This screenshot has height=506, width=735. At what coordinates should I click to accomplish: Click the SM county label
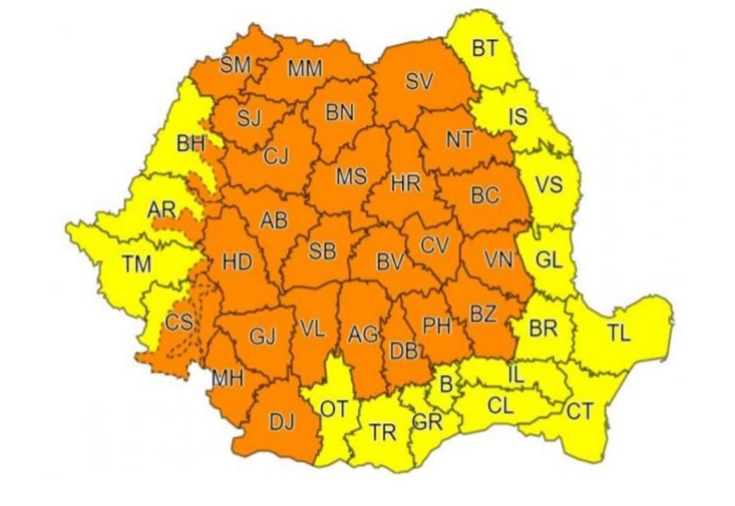(x=236, y=65)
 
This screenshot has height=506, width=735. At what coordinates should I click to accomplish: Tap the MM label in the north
(x=304, y=69)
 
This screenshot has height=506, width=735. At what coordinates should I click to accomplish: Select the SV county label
(x=418, y=82)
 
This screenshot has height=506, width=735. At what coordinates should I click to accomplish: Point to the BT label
(x=484, y=49)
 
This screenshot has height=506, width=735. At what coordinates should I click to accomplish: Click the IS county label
(x=517, y=116)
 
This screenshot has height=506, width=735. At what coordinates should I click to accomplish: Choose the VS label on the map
(x=548, y=184)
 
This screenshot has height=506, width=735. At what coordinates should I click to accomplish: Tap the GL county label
(x=548, y=259)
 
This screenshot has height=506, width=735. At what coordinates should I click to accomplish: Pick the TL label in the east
(x=619, y=333)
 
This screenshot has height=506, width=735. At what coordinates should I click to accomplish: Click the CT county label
(x=579, y=411)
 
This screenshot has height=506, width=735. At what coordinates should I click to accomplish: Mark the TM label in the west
(x=136, y=264)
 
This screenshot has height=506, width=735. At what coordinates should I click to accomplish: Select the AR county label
(x=161, y=210)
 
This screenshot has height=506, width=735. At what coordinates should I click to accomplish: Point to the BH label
(x=190, y=143)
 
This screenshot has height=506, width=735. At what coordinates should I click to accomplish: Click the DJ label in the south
(x=282, y=422)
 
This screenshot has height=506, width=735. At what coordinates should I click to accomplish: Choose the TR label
(x=382, y=433)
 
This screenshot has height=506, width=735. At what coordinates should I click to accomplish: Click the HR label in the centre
(x=405, y=184)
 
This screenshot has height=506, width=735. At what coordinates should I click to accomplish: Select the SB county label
(x=322, y=251)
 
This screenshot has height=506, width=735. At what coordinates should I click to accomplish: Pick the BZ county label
(x=483, y=314)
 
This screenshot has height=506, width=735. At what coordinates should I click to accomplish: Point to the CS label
(x=179, y=322)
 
